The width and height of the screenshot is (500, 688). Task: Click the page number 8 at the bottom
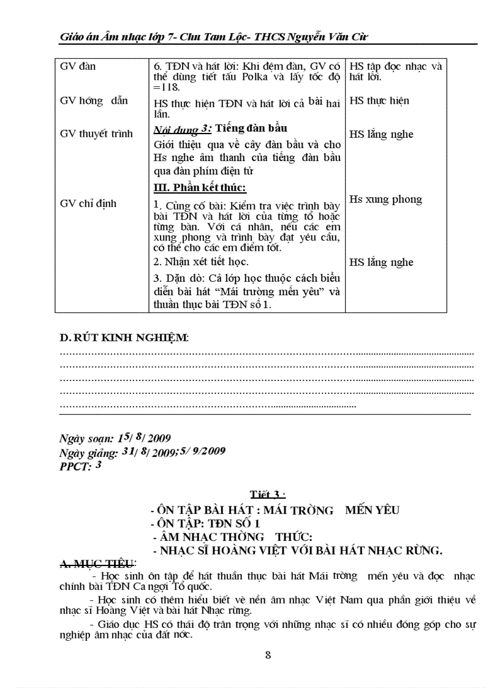tap(268, 654)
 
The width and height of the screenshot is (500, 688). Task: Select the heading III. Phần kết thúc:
tap(199, 188)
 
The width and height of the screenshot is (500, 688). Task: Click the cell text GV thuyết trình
tap(96, 134)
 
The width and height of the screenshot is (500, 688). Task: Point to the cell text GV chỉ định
tap(88, 203)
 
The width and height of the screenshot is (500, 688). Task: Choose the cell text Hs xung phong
tap(385, 199)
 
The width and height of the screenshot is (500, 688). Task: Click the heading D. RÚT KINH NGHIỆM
tap(124, 338)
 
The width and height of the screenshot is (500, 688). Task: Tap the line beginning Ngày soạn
tap(115, 439)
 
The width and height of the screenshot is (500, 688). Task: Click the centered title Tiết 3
tap(267, 494)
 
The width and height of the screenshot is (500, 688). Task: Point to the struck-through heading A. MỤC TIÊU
tap(98, 564)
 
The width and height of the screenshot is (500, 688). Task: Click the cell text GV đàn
tap(78, 66)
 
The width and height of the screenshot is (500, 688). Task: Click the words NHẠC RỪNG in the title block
tap(404, 550)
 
